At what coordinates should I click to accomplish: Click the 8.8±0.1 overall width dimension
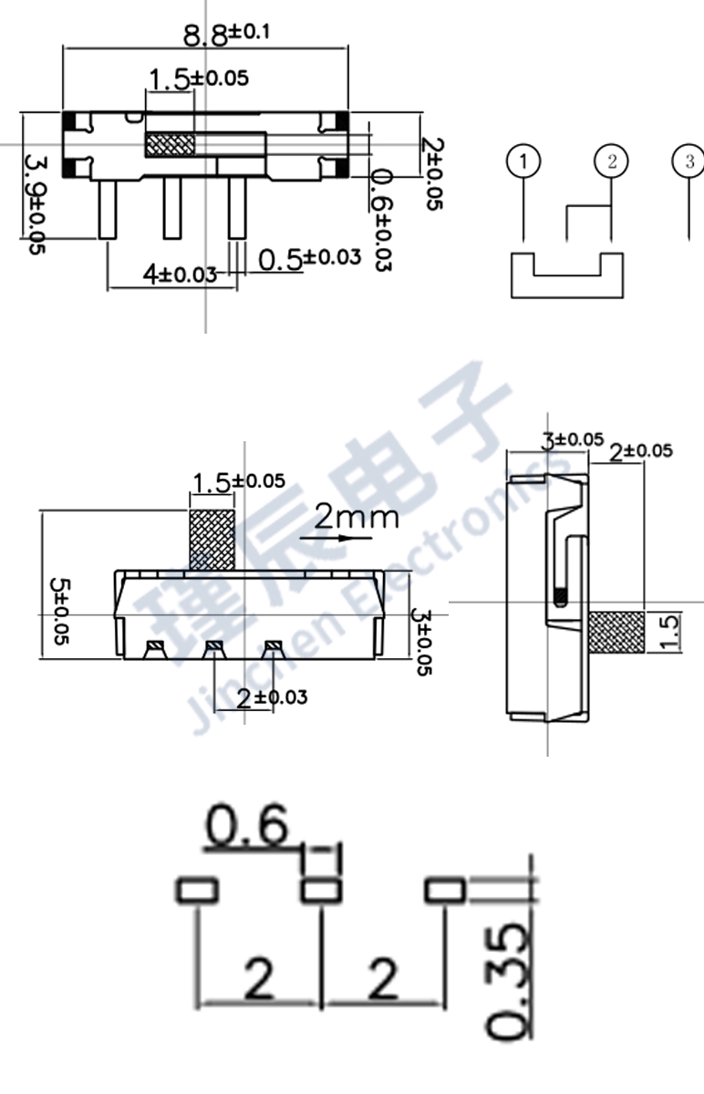coord(226,35)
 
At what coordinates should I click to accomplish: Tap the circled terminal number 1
coord(523,161)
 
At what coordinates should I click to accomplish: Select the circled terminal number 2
coord(611,161)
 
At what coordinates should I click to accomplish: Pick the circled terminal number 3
coord(688,161)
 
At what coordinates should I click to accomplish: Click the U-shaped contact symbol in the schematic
coord(565,277)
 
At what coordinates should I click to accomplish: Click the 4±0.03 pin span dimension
coord(179,273)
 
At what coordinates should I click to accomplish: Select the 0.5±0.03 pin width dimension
coord(309,258)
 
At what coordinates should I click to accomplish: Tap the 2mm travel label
coord(356,517)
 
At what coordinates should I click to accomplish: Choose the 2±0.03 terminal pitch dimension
coord(271,697)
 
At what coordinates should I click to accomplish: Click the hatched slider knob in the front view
coord(212,540)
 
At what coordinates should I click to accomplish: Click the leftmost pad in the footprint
coord(197,890)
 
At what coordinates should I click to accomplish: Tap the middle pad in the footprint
coord(320,890)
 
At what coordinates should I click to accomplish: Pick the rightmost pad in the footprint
coord(445,890)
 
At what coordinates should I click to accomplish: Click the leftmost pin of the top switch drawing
coord(107,209)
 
